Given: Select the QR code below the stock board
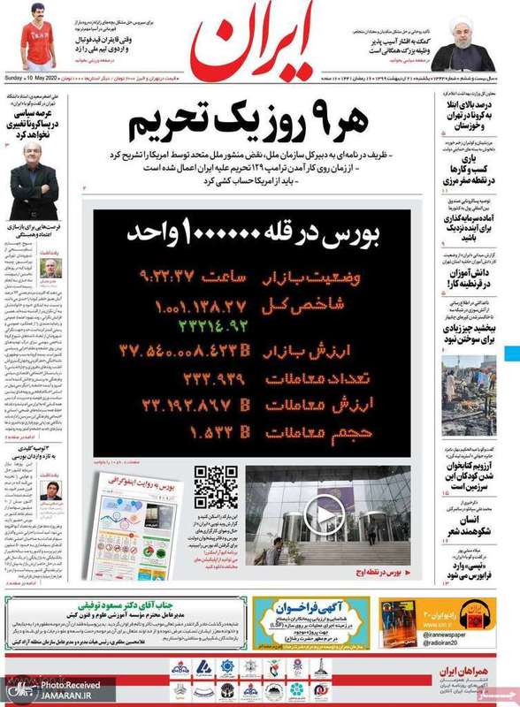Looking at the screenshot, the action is point(217,488).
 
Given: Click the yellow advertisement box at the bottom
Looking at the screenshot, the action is point(310,623).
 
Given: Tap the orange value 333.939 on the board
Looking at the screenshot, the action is point(212,381).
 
